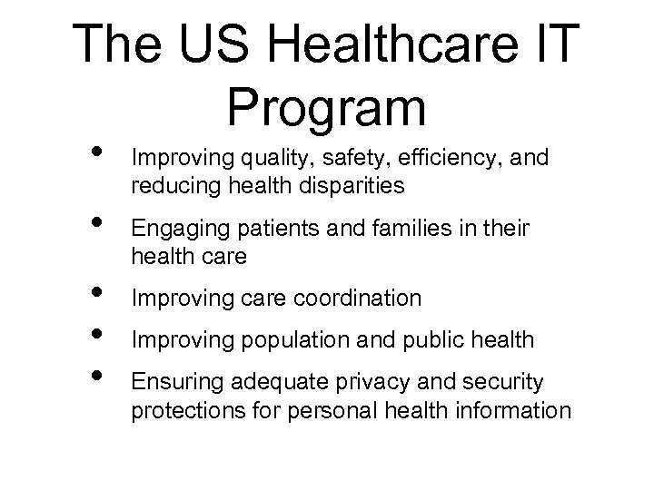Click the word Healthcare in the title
coord(381,44)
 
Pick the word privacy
coord(348,385)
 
